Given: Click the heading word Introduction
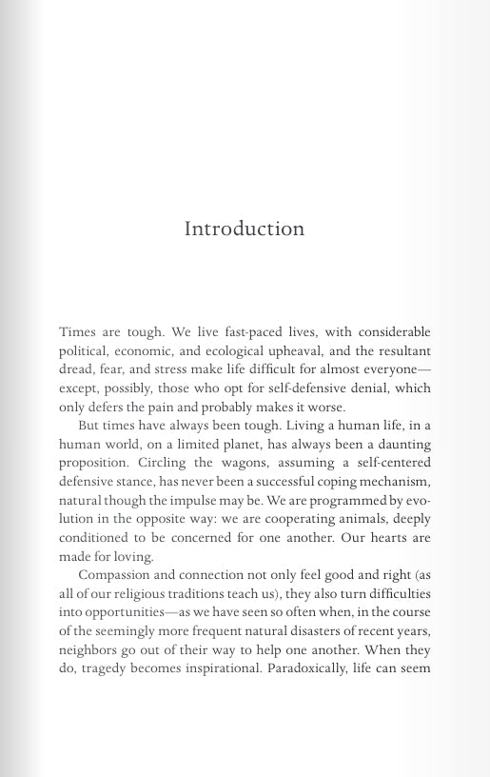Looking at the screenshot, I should [x=245, y=229].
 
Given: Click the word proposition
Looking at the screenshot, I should [x=94, y=463].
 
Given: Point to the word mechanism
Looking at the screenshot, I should [x=394, y=482].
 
